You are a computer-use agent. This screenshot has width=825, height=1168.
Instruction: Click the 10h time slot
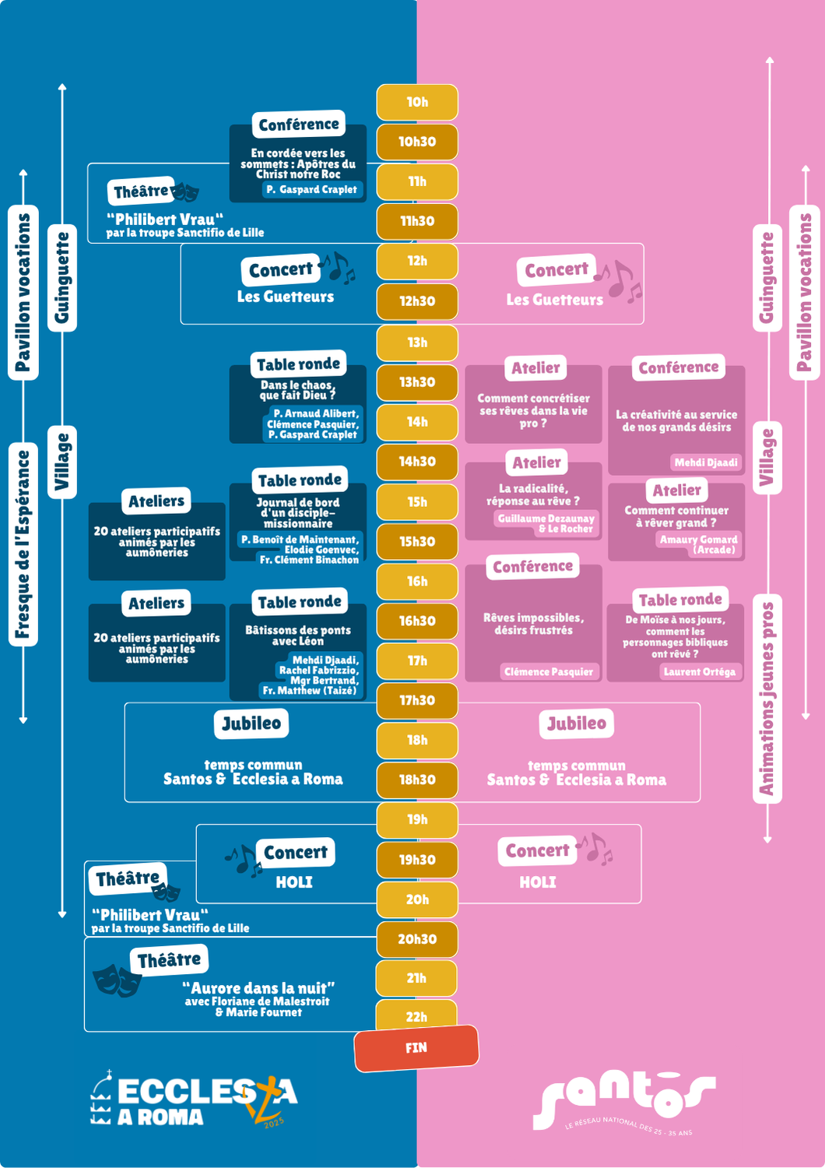click(x=417, y=102)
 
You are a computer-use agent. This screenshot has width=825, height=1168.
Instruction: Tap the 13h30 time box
click(x=417, y=382)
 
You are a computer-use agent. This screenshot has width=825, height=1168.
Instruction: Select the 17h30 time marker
click(x=417, y=700)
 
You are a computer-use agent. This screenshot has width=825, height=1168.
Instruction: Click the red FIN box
click(x=416, y=1048)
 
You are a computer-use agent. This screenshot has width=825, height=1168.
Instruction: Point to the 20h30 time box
click(x=417, y=939)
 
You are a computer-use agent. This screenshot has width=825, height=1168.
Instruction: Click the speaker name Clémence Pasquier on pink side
click(x=548, y=671)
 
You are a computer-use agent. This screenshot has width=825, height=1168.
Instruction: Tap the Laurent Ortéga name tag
click(x=700, y=671)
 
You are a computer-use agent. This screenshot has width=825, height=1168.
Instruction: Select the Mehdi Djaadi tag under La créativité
click(x=706, y=462)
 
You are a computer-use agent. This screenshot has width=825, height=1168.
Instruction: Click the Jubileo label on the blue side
click(x=251, y=723)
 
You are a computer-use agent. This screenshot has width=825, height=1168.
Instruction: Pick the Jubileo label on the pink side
click(x=577, y=723)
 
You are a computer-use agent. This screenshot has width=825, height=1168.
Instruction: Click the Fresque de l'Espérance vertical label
click(x=23, y=544)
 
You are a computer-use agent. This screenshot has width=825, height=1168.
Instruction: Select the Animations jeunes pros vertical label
click(x=767, y=698)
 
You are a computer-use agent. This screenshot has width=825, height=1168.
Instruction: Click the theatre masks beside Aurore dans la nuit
click(x=118, y=980)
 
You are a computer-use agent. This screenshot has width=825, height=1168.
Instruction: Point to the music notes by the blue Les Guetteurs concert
click(x=337, y=268)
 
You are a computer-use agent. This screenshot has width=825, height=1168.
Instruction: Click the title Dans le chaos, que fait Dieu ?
click(x=297, y=390)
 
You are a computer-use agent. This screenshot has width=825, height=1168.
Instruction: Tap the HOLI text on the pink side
click(x=538, y=882)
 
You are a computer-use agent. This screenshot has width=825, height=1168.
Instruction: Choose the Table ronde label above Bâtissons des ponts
click(x=300, y=602)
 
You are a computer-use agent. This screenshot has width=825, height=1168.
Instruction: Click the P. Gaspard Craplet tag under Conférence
click(x=311, y=189)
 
